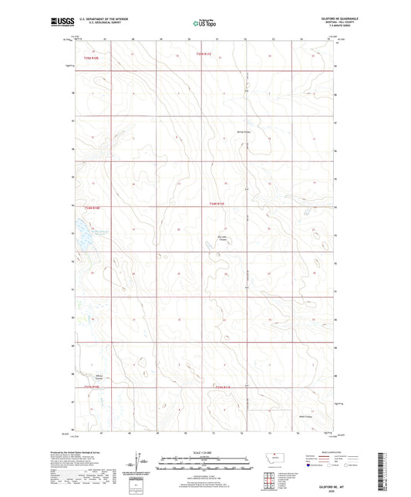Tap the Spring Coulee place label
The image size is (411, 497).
tap(243, 131)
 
